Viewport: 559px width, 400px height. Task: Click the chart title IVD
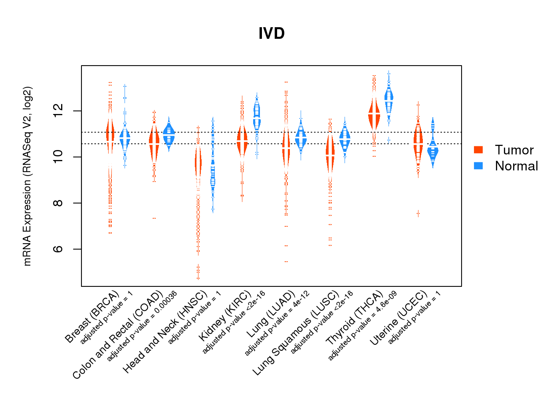click(x=272, y=34)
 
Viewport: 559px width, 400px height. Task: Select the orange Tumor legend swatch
click(x=478, y=150)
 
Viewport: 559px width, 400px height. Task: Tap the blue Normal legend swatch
click(x=478, y=166)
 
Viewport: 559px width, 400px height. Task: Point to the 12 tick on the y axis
click(x=58, y=111)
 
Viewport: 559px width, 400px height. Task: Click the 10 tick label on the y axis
click(x=58, y=157)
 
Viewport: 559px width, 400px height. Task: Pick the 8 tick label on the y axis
click(x=58, y=203)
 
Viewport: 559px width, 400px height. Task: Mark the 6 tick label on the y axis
click(x=58, y=249)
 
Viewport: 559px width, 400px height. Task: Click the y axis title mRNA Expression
click(x=27, y=176)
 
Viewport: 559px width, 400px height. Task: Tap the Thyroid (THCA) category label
click(x=355, y=318)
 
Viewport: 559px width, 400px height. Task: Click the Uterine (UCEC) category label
click(x=398, y=319)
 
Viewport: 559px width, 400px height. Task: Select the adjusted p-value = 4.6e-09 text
click(x=363, y=326)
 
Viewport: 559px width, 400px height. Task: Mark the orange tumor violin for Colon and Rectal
click(x=154, y=142)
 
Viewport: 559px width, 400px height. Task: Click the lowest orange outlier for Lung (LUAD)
click(x=286, y=262)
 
